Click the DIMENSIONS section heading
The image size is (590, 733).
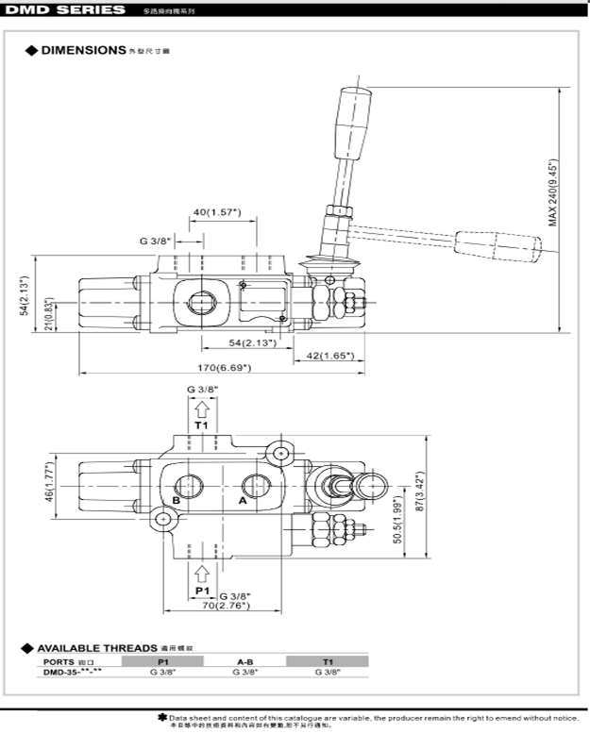(83, 48)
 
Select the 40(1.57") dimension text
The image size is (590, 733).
(217, 212)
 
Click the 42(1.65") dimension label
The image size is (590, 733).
(330, 356)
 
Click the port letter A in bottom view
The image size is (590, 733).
(243, 502)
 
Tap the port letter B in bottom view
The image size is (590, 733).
(175, 501)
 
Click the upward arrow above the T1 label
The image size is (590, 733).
(201, 408)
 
